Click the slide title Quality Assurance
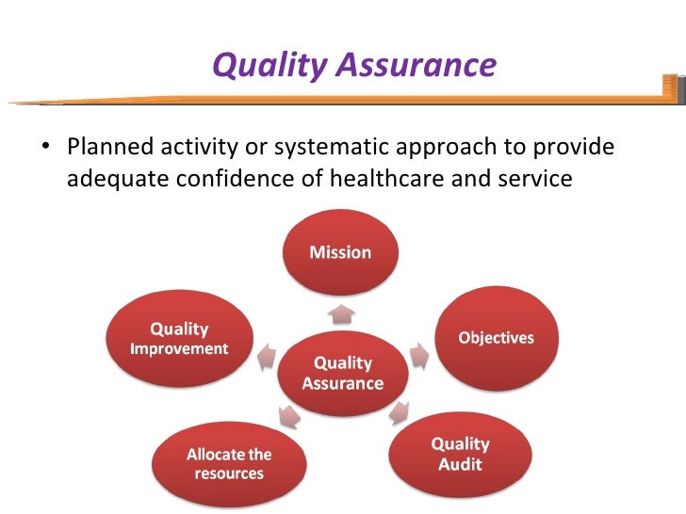coord(353,65)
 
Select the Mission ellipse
coord(341,251)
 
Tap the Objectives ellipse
coord(496,338)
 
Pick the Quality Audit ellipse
coord(460,453)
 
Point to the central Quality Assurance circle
coord(342,373)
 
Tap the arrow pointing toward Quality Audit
coord(400,411)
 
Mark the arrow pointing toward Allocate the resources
coord(286,415)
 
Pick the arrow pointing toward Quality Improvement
coord(268,356)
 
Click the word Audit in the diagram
coord(460,463)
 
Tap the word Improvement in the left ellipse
coord(178,348)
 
